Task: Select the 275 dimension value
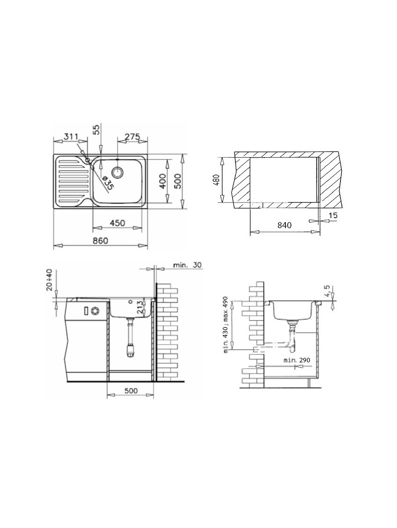[x=132, y=137]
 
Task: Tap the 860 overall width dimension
[x=100, y=240]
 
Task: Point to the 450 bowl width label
[x=117, y=223]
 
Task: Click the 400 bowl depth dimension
[x=163, y=181]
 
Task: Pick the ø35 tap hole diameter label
[x=107, y=183]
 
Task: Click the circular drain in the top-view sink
[x=118, y=172]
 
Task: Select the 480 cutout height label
[x=216, y=180]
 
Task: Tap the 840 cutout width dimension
[x=284, y=224]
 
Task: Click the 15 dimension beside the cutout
[x=333, y=215]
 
